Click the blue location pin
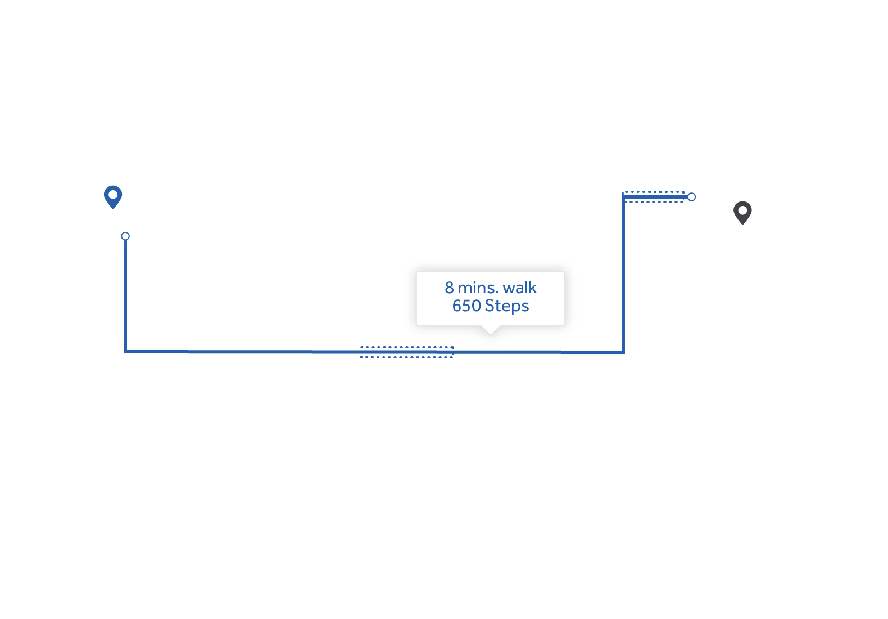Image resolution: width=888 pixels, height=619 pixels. pyautogui.click(x=113, y=196)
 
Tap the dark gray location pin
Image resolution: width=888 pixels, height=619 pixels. pyautogui.click(x=742, y=212)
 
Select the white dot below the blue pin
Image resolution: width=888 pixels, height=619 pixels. pyautogui.click(x=125, y=236)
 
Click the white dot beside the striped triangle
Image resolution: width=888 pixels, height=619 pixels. pyautogui.click(x=691, y=197)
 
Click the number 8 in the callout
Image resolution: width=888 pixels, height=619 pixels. pyautogui.click(x=449, y=288)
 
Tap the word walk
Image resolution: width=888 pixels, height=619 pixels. pyautogui.click(x=520, y=288)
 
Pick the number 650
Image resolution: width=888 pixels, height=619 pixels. pyautogui.click(x=466, y=306)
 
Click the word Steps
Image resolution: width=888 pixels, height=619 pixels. pyautogui.click(x=506, y=306)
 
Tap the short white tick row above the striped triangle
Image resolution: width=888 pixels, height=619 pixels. pyautogui.click(x=655, y=189)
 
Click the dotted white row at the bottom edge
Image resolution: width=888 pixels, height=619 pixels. pyautogui.click(x=409, y=356)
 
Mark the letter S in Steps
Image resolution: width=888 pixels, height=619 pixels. pyautogui.click(x=489, y=306)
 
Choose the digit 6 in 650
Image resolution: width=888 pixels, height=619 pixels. pyautogui.click(x=457, y=306)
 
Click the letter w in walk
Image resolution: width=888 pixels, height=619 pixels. pyautogui.click(x=508, y=289)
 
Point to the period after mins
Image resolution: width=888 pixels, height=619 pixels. pyautogui.click(x=497, y=293)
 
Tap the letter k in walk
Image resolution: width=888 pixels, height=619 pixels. pyautogui.click(x=533, y=288)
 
